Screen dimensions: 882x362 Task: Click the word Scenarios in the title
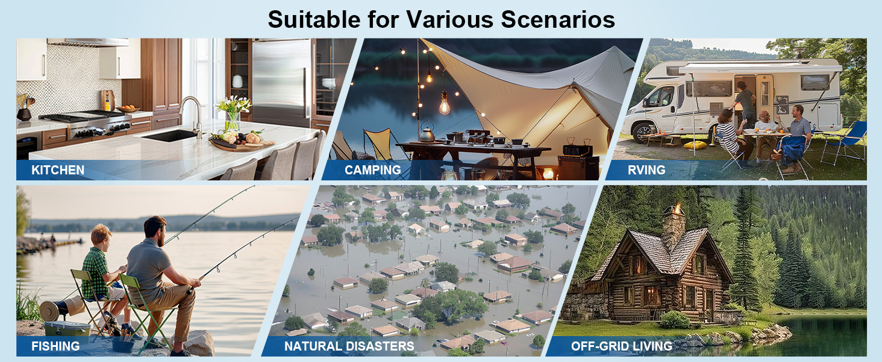pyautogui.click(x=557, y=19)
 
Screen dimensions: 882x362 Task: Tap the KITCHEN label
pyautogui.click(x=58, y=170)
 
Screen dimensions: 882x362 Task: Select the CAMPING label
pyautogui.click(x=373, y=170)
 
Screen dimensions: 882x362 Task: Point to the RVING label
pyautogui.click(x=646, y=170)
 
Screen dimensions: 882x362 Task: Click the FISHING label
pyautogui.click(x=55, y=346)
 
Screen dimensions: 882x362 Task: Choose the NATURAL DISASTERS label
pyautogui.click(x=349, y=346)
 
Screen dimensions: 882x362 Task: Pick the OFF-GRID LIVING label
pyautogui.click(x=622, y=346)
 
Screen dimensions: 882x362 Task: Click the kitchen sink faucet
pyautogui.click(x=193, y=116)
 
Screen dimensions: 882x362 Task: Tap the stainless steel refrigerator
pyautogui.click(x=281, y=83)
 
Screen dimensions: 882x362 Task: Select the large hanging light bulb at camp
pyautogui.click(x=445, y=103)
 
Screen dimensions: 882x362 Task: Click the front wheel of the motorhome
pyautogui.click(x=643, y=133)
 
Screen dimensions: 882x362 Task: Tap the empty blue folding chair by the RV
pyautogui.click(x=845, y=142)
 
